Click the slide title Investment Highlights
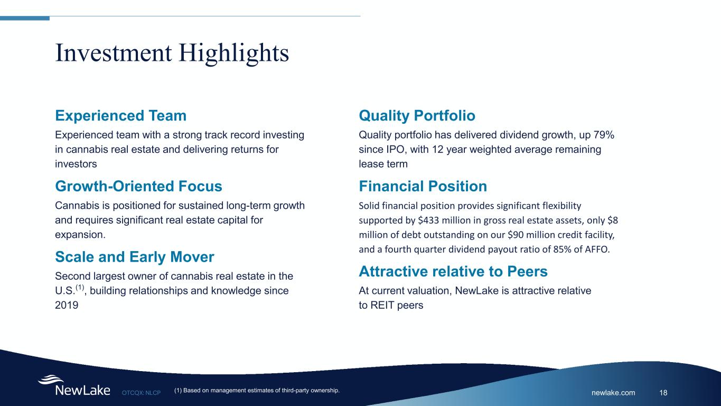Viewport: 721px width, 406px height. click(172, 53)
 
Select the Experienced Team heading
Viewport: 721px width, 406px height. click(121, 115)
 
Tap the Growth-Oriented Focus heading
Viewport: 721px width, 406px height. click(138, 186)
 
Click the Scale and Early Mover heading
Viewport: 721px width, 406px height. click(135, 257)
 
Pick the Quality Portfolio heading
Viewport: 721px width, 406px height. click(417, 116)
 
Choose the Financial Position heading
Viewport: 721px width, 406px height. click(423, 186)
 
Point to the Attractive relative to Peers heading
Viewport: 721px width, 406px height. click(453, 271)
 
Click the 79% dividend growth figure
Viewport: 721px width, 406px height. click(604, 135)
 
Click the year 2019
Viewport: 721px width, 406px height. click(67, 305)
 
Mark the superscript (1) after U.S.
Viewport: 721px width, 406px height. click(80, 287)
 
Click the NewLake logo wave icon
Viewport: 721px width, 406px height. click(51, 379)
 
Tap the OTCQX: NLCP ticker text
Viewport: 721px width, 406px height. click(141, 393)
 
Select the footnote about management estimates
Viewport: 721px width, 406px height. click(257, 391)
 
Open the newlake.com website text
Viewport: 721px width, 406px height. click(613, 393)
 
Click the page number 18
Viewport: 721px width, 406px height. click(663, 393)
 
